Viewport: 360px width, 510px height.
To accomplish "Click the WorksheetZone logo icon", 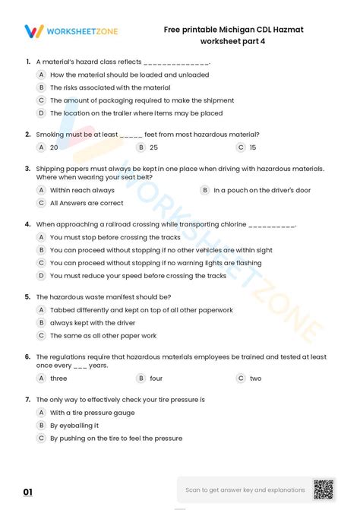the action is [x=34, y=31].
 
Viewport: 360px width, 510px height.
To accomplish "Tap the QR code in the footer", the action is [x=324, y=490].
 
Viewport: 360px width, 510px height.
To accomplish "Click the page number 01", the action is [x=28, y=493].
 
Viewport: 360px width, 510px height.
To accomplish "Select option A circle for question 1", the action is [x=42, y=75].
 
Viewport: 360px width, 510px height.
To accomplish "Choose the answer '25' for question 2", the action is [x=153, y=147].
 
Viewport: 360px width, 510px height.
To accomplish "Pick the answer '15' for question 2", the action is [x=252, y=147].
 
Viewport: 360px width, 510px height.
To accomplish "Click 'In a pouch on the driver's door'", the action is [x=261, y=190].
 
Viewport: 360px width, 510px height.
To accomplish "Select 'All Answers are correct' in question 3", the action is [x=86, y=203].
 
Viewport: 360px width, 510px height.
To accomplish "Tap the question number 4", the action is [x=27, y=225].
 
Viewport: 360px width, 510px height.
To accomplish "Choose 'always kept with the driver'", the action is [x=93, y=323].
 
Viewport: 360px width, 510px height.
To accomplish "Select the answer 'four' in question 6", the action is [x=156, y=378].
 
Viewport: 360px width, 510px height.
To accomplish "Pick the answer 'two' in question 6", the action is [x=255, y=378].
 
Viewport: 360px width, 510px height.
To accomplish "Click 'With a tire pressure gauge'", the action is [x=92, y=413].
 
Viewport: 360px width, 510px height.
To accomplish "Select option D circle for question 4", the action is [x=42, y=276].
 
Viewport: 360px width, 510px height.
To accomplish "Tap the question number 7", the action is [x=27, y=400].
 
